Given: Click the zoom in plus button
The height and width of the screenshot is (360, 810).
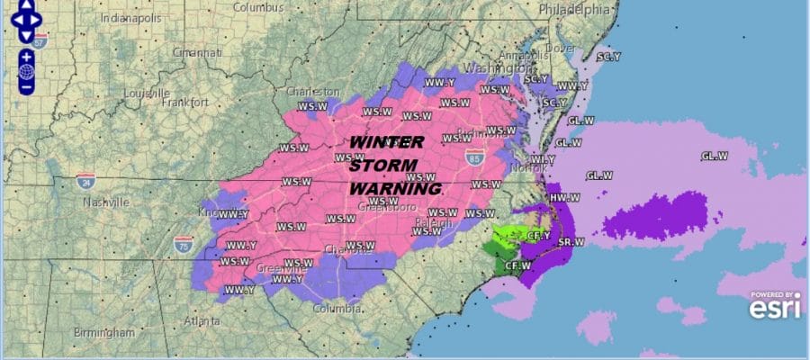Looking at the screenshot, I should point(26,56).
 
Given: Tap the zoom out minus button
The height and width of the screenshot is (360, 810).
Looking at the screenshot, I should point(26,87).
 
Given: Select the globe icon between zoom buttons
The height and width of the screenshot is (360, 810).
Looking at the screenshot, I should point(26,71).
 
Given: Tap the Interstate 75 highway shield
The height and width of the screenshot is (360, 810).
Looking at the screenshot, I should point(182,243).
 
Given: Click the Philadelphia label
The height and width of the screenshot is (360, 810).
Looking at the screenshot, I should point(573,9).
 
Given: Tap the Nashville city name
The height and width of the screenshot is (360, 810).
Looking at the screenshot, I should point(107,202).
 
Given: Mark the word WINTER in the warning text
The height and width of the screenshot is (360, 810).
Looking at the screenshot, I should point(385,142).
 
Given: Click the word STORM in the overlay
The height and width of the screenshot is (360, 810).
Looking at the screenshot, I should point(383,166).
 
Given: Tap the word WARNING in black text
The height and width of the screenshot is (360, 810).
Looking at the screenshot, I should point(394,189).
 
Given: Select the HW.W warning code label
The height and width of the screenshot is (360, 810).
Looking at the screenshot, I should point(563,197).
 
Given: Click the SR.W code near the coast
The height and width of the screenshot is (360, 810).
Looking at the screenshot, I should point(571,241).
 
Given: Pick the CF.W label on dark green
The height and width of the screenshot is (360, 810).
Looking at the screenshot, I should point(517,265).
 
